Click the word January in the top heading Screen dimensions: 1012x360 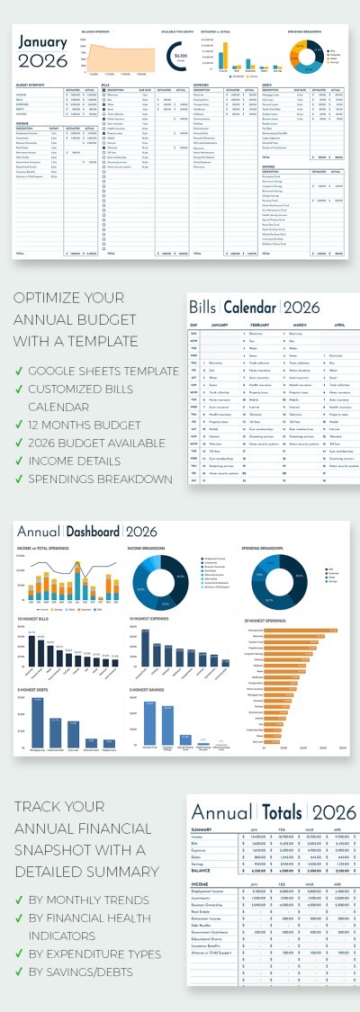42,42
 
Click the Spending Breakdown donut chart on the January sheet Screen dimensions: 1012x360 304,54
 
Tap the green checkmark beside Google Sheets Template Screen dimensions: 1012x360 19,371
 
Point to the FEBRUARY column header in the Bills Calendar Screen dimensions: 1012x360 255,325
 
